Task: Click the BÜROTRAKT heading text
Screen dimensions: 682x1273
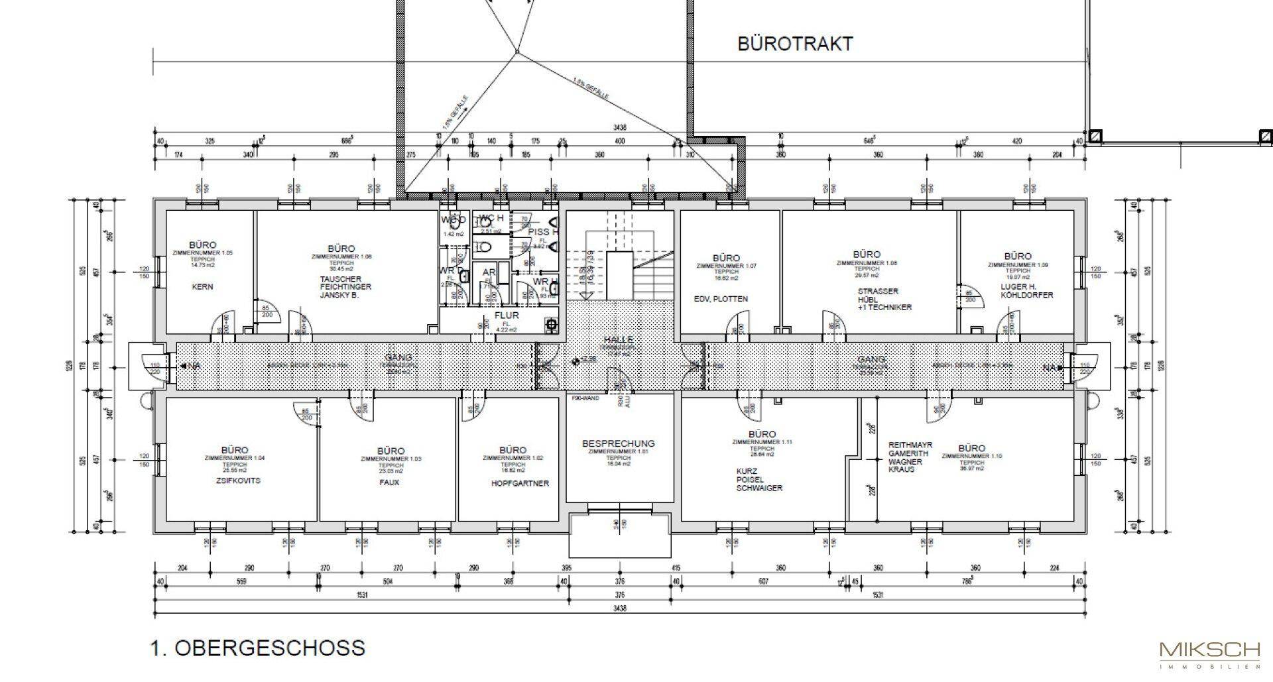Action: (795, 44)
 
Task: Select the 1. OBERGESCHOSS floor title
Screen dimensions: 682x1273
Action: (258, 648)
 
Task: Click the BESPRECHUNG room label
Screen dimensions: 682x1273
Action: (618, 443)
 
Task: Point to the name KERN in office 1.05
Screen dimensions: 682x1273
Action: (202, 287)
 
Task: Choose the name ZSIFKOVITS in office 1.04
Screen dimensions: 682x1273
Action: (238, 481)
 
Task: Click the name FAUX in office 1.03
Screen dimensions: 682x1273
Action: (390, 483)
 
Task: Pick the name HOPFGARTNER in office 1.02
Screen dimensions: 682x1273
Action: (520, 484)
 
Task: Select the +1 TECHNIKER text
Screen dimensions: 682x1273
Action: (884, 308)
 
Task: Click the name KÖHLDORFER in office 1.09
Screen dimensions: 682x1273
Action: (1026, 295)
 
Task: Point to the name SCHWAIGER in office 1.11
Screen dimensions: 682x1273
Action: (759, 488)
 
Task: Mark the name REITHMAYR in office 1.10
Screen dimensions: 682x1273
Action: (910, 445)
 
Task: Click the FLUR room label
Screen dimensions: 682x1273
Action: (507, 315)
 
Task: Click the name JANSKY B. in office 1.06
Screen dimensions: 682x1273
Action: (339, 295)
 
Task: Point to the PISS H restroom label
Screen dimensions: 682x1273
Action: (543, 232)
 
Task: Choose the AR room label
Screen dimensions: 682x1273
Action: (489, 272)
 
